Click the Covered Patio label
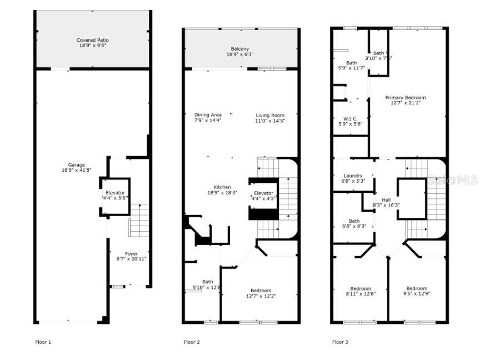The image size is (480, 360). pos(92,40)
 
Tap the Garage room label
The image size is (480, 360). pos(76,165)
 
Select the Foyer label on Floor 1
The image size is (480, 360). pos(131,254)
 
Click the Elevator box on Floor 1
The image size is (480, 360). pos(115,196)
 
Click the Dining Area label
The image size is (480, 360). pos(208,115)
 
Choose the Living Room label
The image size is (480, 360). pos(269,115)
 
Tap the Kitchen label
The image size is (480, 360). pos(222,187)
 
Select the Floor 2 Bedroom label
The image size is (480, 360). pos(261,291)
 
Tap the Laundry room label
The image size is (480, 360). pos(353,176)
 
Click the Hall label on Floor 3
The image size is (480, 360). pos(386,199)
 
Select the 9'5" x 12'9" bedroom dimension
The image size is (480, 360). pos(416,294)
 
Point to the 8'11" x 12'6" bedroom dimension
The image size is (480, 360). pos(361,294)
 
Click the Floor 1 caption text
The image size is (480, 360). pos(43,342)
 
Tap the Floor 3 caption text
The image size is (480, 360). pos(340,342)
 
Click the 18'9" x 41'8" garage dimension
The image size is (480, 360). pos(76,171)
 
